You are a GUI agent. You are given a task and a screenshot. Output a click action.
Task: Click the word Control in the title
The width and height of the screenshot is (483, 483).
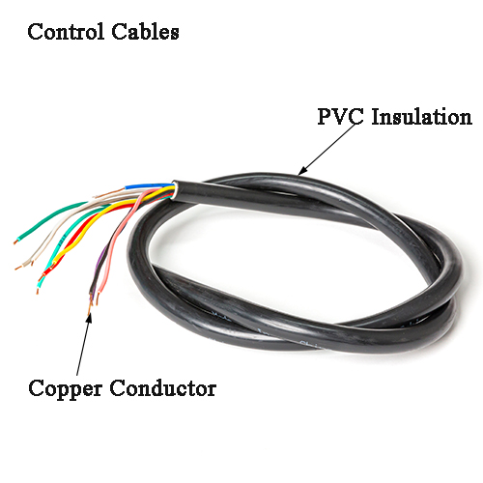pyautogui.click(x=66, y=31)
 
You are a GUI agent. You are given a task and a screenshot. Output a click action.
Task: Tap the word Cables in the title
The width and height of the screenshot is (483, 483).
pyautogui.click(x=145, y=31)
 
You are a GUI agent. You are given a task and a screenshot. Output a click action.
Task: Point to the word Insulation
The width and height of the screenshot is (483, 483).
pyautogui.click(x=421, y=116)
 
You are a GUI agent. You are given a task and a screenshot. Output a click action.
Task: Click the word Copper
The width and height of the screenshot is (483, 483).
pyautogui.click(x=65, y=389)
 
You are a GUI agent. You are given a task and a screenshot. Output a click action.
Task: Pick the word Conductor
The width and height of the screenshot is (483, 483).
pyautogui.click(x=162, y=388)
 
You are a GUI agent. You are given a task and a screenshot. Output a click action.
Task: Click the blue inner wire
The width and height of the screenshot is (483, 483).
pyautogui.click(x=149, y=185)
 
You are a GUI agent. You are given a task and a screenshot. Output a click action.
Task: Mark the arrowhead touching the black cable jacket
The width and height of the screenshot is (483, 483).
pyautogui.click(x=302, y=170)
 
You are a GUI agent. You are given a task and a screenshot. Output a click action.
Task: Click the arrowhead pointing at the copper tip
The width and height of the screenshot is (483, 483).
pyautogui.click(x=89, y=317)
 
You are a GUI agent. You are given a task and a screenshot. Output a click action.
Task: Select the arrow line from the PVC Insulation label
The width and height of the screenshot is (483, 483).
pyautogui.click(x=327, y=150)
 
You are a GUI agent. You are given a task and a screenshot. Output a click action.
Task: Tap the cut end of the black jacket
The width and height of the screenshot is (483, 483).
pyautogui.click(x=175, y=190)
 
